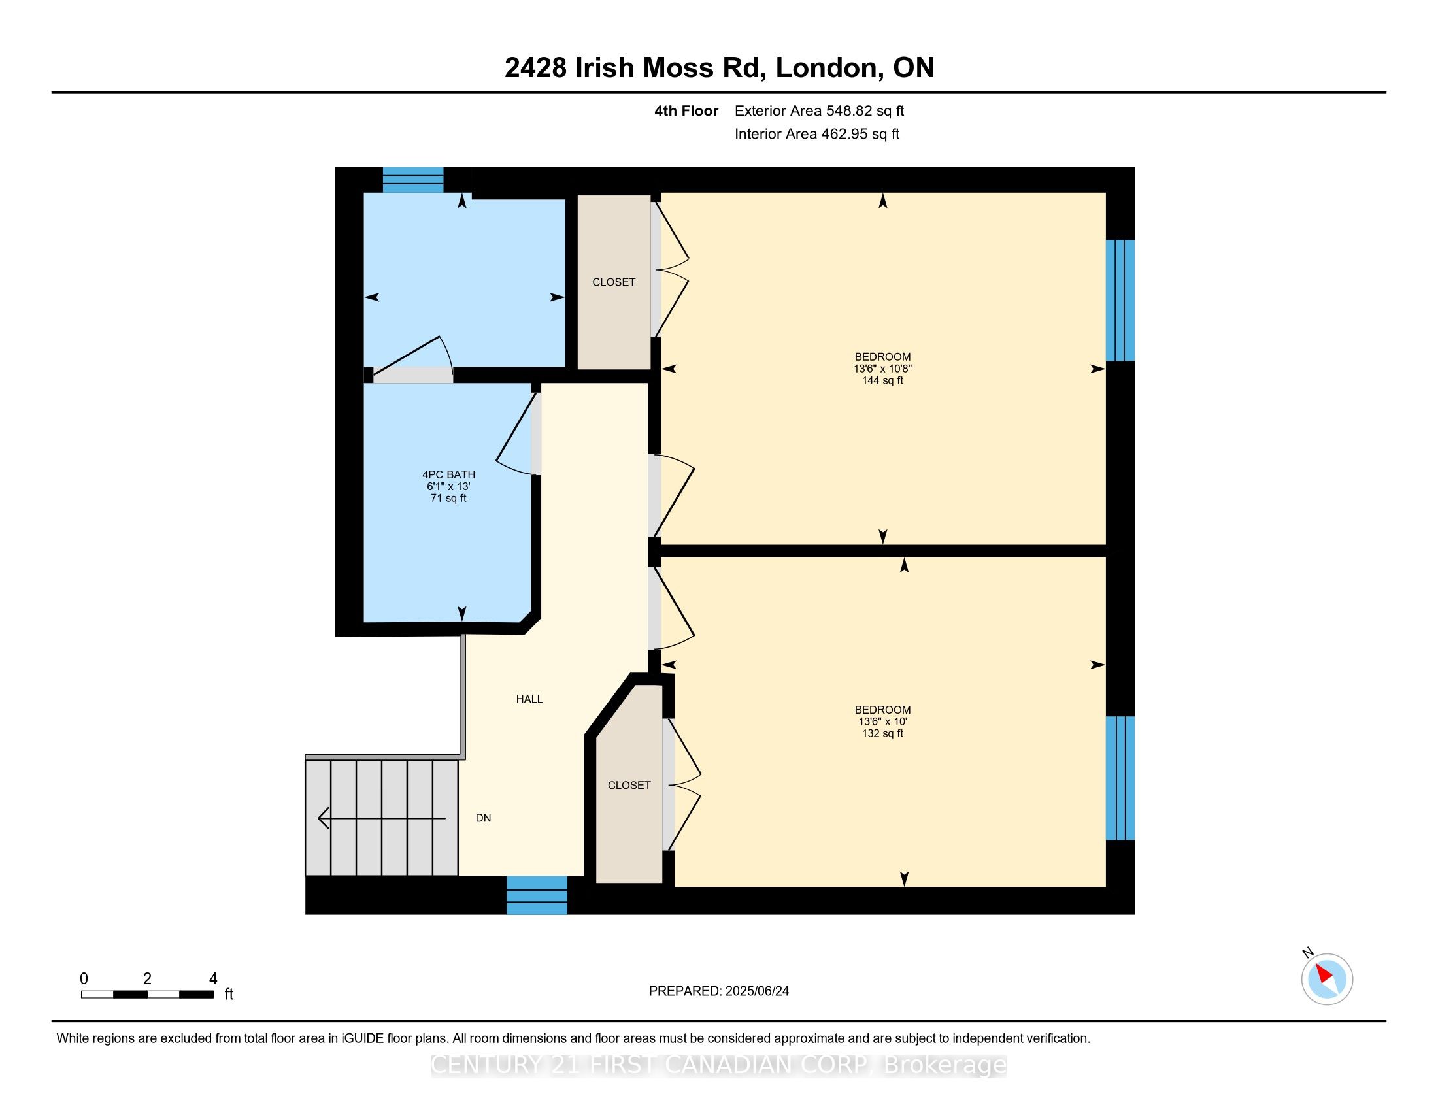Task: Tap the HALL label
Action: coord(529,699)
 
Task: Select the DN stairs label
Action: coord(483,818)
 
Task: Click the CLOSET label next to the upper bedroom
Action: coord(614,282)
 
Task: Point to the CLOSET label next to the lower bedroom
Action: coord(629,785)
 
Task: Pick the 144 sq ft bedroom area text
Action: coord(882,380)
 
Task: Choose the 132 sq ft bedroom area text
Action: coord(882,733)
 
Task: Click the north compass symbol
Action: coord(1327,979)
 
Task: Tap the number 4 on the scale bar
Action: coord(212,979)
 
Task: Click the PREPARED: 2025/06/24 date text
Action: coord(719,991)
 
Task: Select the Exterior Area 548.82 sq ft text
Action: coord(819,110)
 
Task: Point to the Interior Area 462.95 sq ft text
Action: coord(816,133)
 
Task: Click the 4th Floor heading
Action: coord(686,110)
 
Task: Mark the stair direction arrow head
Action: coord(324,818)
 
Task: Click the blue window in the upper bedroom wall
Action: coord(1120,301)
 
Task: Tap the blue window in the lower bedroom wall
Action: coord(1120,778)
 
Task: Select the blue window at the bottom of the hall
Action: coord(537,895)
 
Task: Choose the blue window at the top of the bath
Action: coord(414,180)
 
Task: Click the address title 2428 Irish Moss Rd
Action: coord(635,68)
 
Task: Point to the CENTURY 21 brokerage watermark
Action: coord(719,1065)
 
